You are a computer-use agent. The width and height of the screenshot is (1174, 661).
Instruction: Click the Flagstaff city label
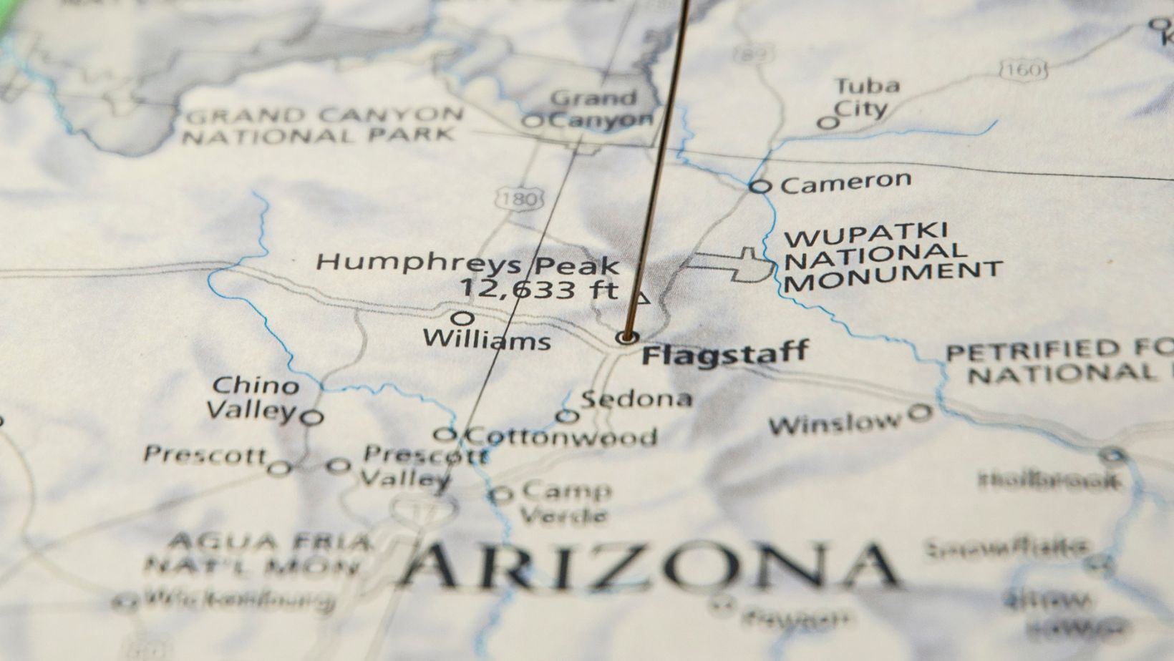tap(724, 353)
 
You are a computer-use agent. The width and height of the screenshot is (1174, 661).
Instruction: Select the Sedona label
tap(636, 398)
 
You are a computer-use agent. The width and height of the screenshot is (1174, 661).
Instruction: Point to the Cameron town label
tap(845, 182)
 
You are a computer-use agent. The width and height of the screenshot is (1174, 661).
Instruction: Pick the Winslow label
tap(835, 423)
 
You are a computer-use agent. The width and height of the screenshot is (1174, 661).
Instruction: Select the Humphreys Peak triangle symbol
tap(643, 298)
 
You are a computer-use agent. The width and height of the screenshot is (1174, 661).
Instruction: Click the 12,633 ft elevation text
tap(538, 289)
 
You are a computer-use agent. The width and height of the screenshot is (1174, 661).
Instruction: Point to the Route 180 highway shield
tap(518, 199)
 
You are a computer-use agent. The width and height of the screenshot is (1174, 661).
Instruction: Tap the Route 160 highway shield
tap(1023, 69)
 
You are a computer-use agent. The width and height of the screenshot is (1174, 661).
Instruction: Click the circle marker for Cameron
tap(760, 187)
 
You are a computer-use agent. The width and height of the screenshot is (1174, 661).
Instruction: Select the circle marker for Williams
tap(464, 317)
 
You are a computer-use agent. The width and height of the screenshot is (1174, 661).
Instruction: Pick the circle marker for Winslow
tap(920, 412)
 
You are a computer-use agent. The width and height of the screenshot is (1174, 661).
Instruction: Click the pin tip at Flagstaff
tap(628, 337)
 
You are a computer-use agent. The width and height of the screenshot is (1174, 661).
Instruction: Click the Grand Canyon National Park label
tap(321, 125)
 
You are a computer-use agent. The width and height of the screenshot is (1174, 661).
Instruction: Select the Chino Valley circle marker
tap(311, 417)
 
